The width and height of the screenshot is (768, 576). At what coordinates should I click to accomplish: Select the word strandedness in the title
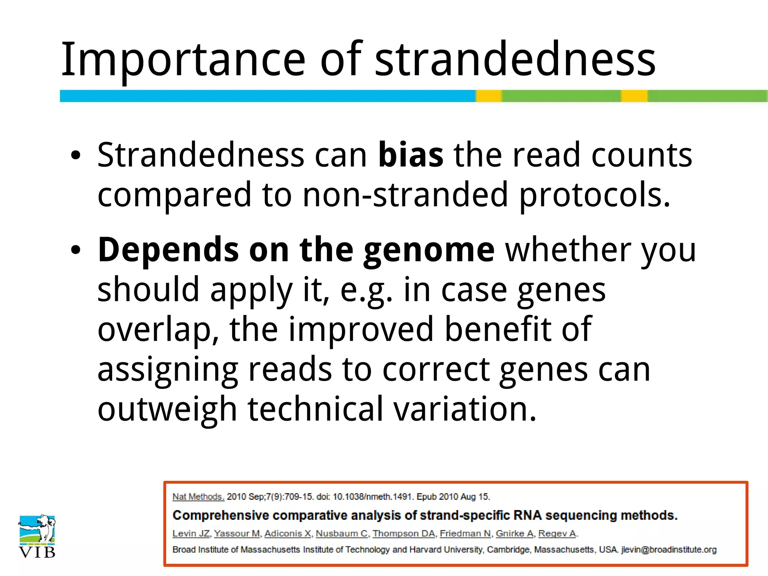[515, 60]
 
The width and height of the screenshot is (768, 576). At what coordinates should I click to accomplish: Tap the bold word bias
[411, 155]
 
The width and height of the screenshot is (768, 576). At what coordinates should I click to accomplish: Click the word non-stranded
[405, 195]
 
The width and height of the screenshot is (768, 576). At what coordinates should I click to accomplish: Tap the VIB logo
[37, 536]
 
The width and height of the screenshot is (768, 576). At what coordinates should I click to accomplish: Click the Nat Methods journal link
[198, 497]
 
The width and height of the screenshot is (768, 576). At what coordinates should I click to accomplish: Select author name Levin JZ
[191, 534]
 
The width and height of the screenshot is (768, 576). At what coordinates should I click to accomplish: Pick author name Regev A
[557, 534]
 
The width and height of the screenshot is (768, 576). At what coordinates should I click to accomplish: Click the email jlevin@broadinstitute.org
[669, 550]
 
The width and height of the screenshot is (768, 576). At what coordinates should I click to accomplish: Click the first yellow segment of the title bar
[489, 96]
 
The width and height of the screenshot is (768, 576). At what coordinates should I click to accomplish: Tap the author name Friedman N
[465, 534]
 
